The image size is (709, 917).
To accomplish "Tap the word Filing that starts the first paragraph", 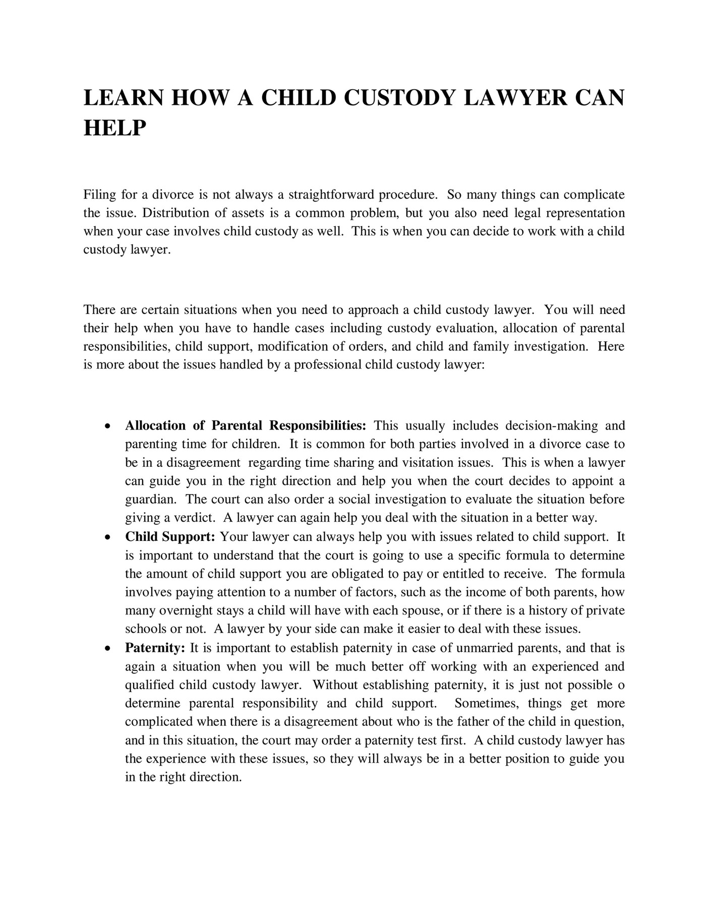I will click(x=99, y=195).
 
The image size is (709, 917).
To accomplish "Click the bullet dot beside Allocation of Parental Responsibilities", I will click(x=107, y=426).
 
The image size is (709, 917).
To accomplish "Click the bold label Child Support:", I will click(x=170, y=537).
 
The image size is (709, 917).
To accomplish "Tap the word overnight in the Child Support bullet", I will click(x=186, y=611).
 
